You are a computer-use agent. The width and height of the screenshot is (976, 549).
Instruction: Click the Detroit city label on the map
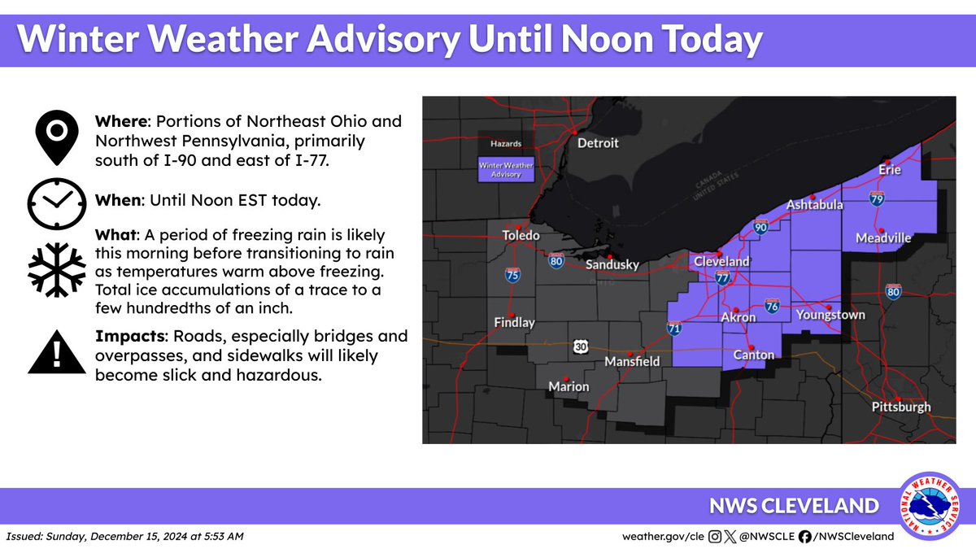[x=598, y=143]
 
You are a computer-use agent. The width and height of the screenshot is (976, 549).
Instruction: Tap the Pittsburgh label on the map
[x=900, y=407]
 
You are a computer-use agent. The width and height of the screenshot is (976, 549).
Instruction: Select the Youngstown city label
[x=830, y=315]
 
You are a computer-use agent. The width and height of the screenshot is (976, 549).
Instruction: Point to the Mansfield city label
[x=632, y=361]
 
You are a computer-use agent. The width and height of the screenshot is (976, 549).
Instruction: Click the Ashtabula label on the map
[x=814, y=205]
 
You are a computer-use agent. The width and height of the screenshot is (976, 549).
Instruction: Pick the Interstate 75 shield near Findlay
[x=512, y=275]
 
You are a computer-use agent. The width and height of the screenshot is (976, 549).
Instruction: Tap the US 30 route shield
[x=578, y=346]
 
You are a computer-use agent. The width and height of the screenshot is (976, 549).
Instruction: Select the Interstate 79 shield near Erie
[x=877, y=198]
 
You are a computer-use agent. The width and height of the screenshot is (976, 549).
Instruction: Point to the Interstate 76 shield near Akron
[x=772, y=306]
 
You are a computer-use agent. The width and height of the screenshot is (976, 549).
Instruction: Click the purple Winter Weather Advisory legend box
[x=500, y=170]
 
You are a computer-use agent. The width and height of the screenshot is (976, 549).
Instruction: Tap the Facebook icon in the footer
[x=804, y=536]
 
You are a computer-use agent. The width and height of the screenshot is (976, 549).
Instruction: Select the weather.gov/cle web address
[x=663, y=536]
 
